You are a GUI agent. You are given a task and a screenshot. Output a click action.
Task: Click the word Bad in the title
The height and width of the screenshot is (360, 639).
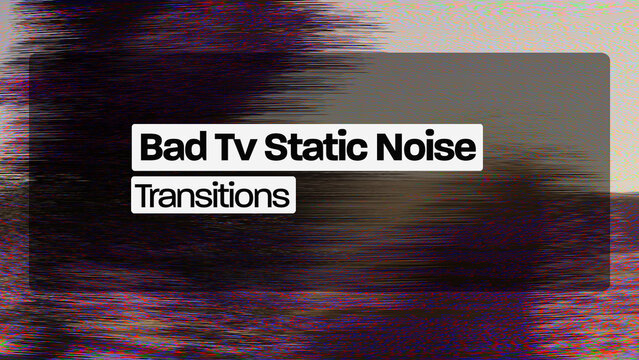click(x=165, y=148)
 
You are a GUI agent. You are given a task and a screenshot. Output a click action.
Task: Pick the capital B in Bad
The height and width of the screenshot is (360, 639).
click(x=150, y=148)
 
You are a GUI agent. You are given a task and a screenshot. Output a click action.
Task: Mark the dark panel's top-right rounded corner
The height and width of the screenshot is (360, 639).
click(x=605, y=57)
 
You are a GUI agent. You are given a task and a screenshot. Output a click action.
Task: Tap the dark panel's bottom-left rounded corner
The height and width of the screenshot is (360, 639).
click(x=33, y=286)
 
